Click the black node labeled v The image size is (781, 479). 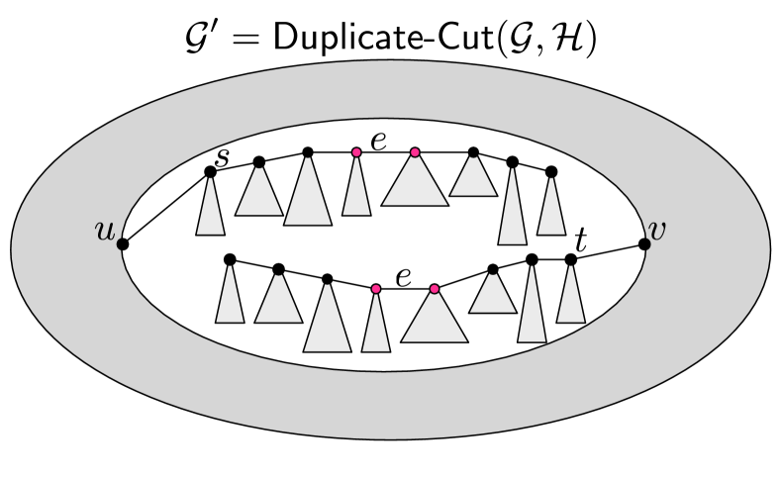[645, 241]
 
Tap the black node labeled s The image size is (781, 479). [210, 172]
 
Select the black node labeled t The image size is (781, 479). [570, 259]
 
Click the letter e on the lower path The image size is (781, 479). [404, 276]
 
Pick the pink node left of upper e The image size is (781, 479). [356, 152]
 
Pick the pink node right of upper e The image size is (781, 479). [415, 152]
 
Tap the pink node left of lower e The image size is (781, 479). [375, 288]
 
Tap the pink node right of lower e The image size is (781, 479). [434, 288]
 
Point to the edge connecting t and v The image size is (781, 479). [608, 251]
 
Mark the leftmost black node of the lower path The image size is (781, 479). [230, 259]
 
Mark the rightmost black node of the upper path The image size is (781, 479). [551, 172]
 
